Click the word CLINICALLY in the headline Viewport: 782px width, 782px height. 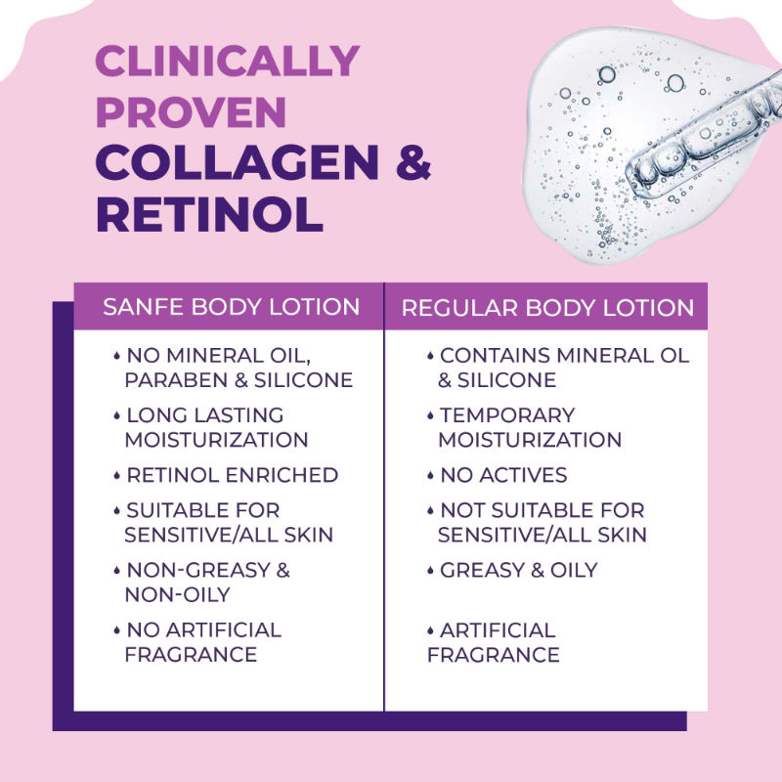click(x=227, y=63)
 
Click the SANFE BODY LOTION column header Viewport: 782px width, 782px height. click(x=231, y=307)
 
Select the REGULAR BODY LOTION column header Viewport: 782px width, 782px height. click(x=547, y=308)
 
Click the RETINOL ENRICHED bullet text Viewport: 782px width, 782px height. click(x=232, y=475)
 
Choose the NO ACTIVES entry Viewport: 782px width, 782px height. click(x=503, y=475)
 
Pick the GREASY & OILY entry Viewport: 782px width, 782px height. click(x=518, y=570)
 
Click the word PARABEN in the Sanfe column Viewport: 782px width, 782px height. click(x=171, y=379)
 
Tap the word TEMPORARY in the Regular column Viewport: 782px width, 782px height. click(x=507, y=415)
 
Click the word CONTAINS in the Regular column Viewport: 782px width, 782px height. click(x=488, y=355)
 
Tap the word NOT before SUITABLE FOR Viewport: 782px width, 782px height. click(x=461, y=510)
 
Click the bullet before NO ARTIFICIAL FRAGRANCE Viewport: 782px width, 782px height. click(x=117, y=629)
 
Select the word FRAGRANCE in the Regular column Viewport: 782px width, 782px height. click(x=494, y=654)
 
